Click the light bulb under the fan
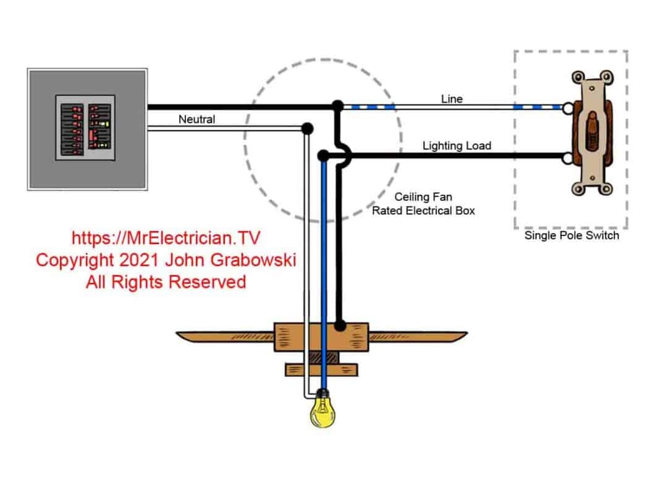tap(323, 410)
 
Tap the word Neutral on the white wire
tap(197, 119)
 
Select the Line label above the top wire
tap(451, 99)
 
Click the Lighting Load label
tap(457, 146)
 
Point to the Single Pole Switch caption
tap(571, 235)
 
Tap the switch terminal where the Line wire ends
tap(566, 107)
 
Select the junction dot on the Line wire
tap(337, 106)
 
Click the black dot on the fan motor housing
tap(339, 324)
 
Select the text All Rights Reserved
tap(166, 282)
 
